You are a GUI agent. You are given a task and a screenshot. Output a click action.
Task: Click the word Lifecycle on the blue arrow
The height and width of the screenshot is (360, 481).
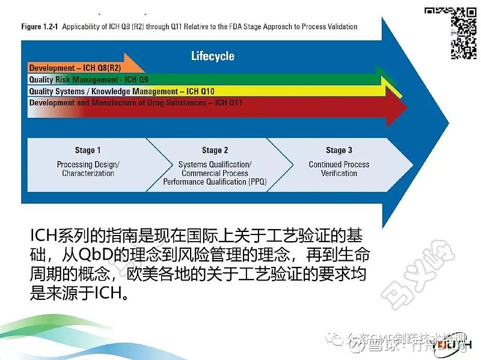[x=212, y=56]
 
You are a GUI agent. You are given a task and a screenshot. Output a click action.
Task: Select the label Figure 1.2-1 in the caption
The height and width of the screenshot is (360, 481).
[x=40, y=26]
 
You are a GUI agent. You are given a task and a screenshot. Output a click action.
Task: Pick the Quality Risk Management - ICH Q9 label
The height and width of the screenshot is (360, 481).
[x=88, y=79]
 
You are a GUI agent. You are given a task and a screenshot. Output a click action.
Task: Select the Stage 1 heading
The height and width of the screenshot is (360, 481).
[x=88, y=150]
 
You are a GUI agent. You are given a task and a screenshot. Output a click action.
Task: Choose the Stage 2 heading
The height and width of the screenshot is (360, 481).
[x=215, y=150]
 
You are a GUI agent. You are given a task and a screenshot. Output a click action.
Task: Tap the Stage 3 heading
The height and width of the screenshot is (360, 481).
[x=339, y=150]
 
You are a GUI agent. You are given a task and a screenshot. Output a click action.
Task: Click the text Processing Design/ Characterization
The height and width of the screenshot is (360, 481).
[x=88, y=169]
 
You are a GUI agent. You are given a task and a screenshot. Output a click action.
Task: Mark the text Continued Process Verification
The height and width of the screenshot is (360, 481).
[x=339, y=169]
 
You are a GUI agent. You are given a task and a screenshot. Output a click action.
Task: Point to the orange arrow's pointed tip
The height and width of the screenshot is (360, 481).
[x=145, y=67]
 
